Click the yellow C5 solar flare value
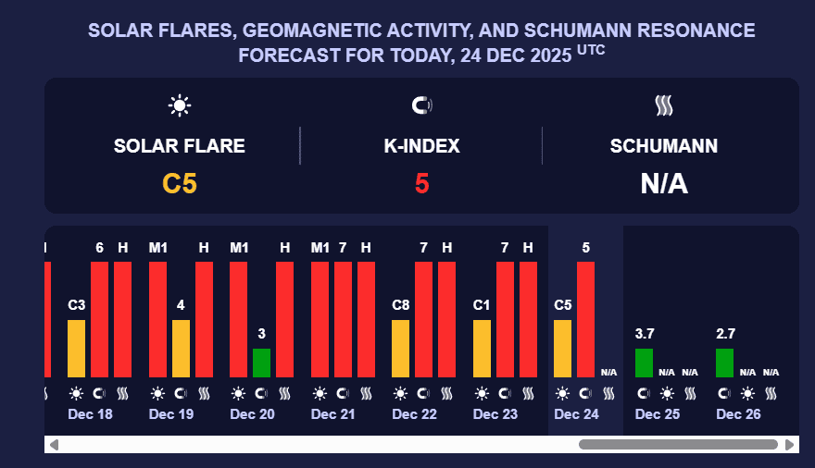coord(180,183)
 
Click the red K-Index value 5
coord(421,183)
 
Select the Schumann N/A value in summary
coord(664,183)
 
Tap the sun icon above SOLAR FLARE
coord(180,105)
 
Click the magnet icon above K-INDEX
coord(421,105)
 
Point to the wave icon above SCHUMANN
coord(664,105)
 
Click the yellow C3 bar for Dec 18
coord(77,348)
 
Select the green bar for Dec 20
coord(262,363)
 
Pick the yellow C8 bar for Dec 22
coord(401,348)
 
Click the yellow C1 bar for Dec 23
coord(482,348)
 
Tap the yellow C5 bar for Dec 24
coord(563,348)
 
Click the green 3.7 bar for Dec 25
coord(644,363)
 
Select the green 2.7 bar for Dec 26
coord(725,363)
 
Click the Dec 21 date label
coord(333,414)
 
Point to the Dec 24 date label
coord(576,414)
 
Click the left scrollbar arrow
coord(54,445)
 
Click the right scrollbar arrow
coord(789,445)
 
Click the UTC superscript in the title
coord(591,50)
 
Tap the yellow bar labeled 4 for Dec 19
coord(181,348)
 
